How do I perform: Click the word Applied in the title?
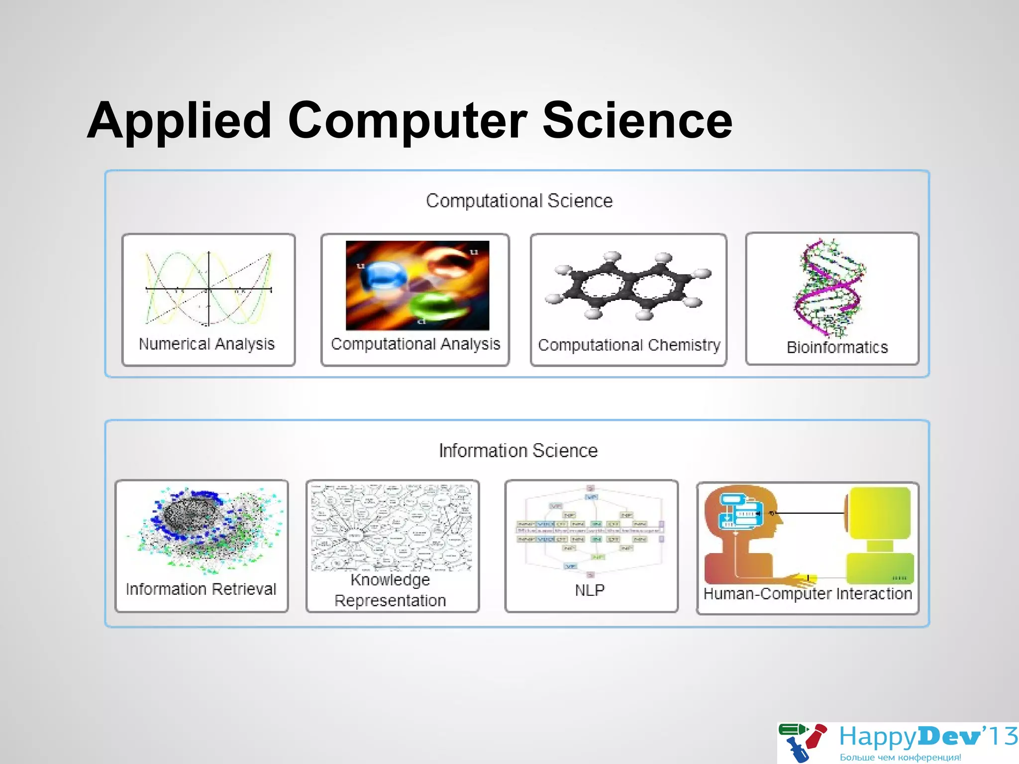[x=179, y=121]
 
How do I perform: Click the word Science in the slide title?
[x=637, y=121]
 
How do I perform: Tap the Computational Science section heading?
[x=519, y=201]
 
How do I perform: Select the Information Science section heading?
[x=518, y=451]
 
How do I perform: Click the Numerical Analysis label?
[x=206, y=344]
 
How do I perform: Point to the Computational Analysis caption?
[x=415, y=344]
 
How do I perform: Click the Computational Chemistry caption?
[x=629, y=345]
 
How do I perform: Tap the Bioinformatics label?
[x=837, y=347]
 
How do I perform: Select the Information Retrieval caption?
[x=201, y=589]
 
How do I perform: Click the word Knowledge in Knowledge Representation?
[x=390, y=580]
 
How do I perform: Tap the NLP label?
[x=590, y=590]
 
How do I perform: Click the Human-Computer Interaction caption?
[x=808, y=594]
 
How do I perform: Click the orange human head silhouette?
[x=741, y=527]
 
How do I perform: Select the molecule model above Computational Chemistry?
[x=628, y=286]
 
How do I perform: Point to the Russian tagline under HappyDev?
[x=900, y=758]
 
